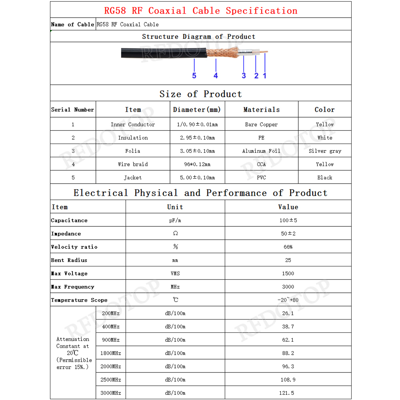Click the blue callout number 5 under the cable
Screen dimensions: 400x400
194,76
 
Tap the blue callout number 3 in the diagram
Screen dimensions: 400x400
244,76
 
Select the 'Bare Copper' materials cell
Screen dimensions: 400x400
261,124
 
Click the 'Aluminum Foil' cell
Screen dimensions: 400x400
261,151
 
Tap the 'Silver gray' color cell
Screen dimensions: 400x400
325,151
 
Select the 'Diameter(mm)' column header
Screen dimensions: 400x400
197,110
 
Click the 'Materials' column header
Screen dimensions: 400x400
261,110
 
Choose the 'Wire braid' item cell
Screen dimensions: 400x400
133,164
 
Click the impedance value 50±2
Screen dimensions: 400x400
288,234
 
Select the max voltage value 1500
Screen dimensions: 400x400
288,274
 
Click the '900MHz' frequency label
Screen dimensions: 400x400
111,340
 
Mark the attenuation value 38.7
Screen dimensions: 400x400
288,326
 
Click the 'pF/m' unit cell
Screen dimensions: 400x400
175,220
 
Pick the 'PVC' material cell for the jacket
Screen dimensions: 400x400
261,177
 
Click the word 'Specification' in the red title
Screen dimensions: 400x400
262,11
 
